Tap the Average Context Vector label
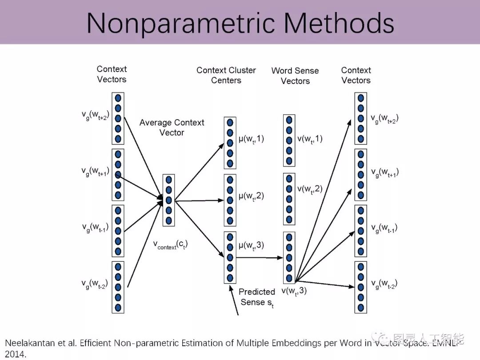(x=172, y=128)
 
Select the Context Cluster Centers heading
(x=226, y=75)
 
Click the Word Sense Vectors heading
(x=295, y=76)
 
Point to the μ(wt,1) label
(x=252, y=139)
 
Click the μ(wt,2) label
(x=252, y=196)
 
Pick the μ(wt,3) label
(x=252, y=245)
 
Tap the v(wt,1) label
(x=310, y=139)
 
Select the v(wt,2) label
(x=310, y=189)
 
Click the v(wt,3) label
(x=294, y=291)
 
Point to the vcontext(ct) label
(x=170, y=244)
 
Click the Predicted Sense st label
(x=257, y=297)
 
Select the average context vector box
(x=168, y=200)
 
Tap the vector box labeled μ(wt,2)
(x=230, y=200)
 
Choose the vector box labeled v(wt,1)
(x=289, y=140)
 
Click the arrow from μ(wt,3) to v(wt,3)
(x=260, y=257)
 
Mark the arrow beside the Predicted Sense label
(x=234, y=300)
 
